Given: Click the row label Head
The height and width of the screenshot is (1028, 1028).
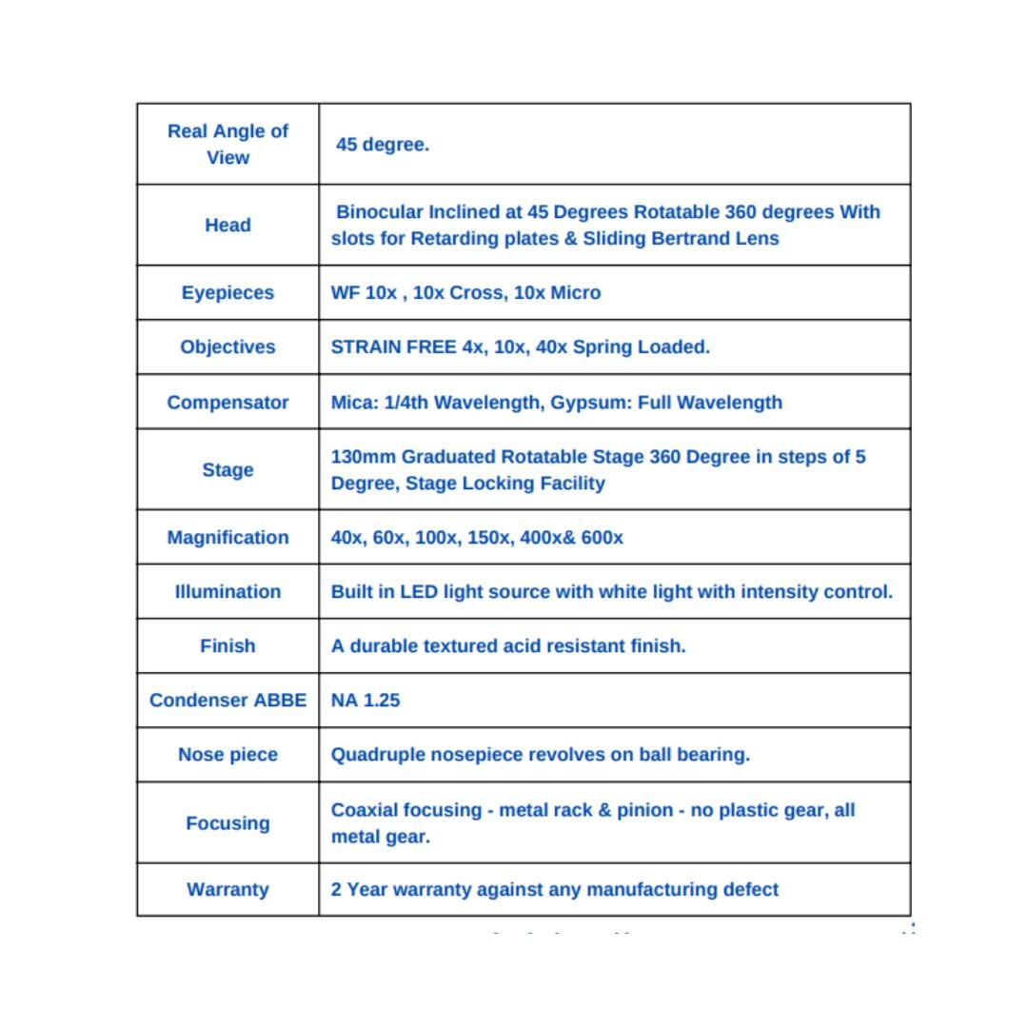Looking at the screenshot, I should (227, 226).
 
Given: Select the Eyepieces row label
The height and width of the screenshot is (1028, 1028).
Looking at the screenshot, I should (227, 293).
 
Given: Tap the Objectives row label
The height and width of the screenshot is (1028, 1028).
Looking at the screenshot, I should (227, 347).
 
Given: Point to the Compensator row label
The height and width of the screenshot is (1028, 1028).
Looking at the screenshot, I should (227, 403).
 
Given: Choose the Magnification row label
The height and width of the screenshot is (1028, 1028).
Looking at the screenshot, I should (227, 538).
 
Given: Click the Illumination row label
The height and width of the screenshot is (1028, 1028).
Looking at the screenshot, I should (227, 592).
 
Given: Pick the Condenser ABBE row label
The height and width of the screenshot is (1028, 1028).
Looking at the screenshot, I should (227, 701).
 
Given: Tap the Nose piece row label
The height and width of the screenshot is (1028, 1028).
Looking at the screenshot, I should (227, 755).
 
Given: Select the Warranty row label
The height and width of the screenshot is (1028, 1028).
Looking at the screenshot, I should (227, 890).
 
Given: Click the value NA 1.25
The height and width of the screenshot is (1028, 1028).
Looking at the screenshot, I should (366, 701).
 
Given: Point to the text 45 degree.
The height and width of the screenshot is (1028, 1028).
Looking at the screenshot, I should (383, 146).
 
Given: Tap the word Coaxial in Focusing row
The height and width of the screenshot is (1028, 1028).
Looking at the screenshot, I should (366, 811).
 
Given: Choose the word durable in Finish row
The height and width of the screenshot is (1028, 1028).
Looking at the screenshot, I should (386, 646).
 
